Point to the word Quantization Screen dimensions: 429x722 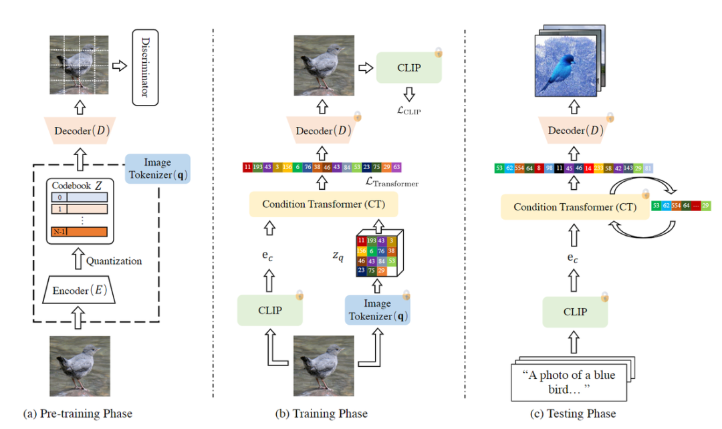click(114, 261)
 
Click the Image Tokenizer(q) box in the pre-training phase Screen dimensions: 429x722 click(157, 168)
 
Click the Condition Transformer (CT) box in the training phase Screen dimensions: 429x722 click(324, 204)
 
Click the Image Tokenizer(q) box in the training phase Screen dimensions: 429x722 click(378, 310)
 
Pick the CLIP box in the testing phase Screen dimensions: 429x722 click(575, 311)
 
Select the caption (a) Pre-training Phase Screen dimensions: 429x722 click(78, 414)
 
